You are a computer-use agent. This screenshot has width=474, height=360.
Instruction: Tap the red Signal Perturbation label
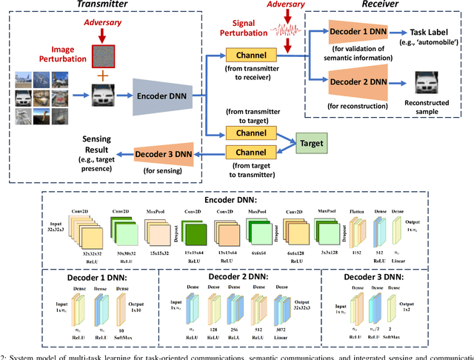tap(240, 28)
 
